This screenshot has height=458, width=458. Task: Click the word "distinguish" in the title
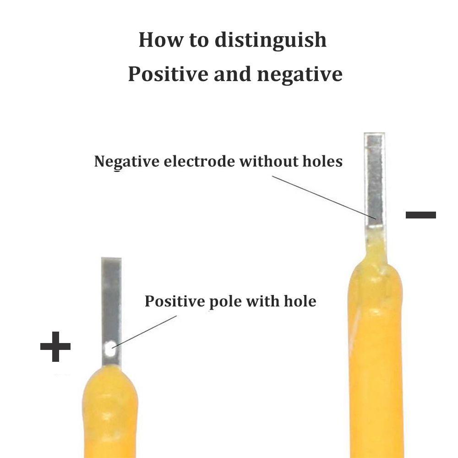[x=271, y=40]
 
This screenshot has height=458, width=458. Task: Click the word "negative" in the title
[x=300, y=74]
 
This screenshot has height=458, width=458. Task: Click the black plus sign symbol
[x=55, y=346]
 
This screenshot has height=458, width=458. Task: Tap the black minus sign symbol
[x=420, y=214]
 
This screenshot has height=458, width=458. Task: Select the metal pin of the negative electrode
[x=375, y=179]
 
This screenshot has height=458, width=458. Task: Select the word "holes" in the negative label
[x=323, y=161]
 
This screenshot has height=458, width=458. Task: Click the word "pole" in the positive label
[x=224, y=302]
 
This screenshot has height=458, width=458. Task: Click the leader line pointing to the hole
[x=144, y=331]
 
